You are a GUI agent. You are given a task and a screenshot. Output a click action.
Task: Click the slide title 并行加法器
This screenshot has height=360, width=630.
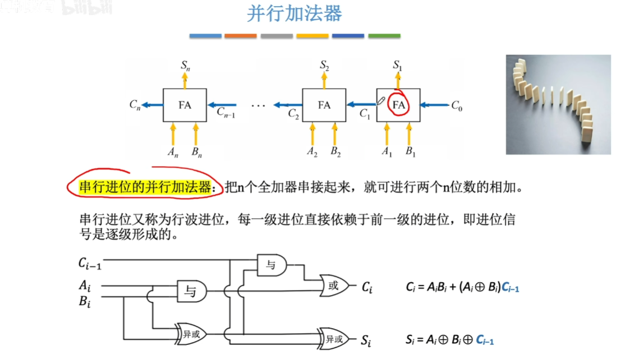coord(294,13)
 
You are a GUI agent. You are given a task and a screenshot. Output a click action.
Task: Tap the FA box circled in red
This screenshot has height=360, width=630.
coord(398,105)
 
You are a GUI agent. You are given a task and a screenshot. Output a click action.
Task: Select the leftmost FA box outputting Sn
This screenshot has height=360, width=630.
coord(185,105)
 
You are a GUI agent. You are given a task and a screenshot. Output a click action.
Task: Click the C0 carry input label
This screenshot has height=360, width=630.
coord(457,105)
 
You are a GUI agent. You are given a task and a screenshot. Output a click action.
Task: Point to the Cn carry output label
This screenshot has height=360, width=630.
coord(135,105)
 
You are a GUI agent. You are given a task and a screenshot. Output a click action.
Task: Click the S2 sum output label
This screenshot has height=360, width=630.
coord(324,66)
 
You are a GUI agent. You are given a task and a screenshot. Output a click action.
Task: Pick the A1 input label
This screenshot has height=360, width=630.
coord(386,151)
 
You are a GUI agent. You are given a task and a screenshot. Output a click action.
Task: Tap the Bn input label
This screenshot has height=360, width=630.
coord(196,151)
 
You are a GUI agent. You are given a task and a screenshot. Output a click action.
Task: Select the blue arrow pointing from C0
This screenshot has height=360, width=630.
coord(434,104)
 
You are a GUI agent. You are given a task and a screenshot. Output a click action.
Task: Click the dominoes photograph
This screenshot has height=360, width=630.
coord(558,104)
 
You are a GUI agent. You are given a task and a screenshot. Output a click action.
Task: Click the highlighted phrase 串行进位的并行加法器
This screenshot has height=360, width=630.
coord(145,187)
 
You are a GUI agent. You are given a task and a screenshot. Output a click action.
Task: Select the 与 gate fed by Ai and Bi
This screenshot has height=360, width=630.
coord(191,290)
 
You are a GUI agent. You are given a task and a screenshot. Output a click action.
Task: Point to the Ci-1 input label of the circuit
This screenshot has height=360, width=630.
coord(90,262)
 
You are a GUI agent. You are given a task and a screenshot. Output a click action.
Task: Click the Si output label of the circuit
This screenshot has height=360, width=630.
coord(366,340)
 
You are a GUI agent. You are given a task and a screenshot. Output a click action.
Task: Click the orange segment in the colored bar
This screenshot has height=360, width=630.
coord(240,36)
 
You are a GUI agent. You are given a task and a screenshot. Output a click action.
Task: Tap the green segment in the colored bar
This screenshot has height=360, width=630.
coord(384,36)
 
